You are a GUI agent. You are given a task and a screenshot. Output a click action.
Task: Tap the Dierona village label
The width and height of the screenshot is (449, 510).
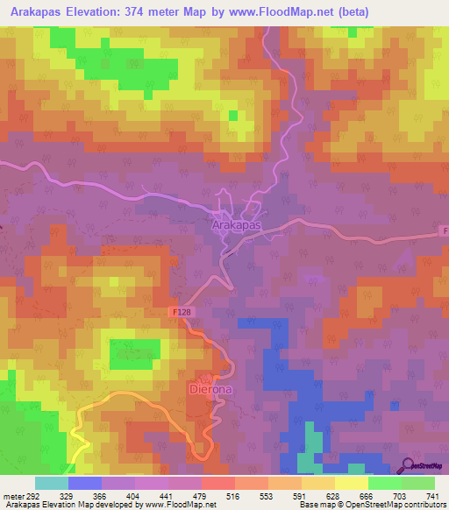click(210, 387)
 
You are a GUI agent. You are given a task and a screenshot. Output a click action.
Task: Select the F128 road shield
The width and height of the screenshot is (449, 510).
click(182, 312)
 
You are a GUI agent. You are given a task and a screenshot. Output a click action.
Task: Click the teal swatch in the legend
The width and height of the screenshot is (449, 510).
click(51, 483)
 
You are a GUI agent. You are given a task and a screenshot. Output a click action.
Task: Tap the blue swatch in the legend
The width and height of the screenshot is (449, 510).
click(84, 483)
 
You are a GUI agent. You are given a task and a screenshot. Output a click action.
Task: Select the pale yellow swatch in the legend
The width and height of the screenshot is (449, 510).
click(351, 483)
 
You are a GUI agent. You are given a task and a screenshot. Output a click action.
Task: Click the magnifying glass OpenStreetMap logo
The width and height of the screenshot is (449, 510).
click(409, 466)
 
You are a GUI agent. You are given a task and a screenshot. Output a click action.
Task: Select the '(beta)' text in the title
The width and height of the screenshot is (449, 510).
click(353, 11)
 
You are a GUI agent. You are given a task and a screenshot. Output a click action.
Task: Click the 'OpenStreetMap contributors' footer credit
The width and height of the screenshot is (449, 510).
click(393, 505)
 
